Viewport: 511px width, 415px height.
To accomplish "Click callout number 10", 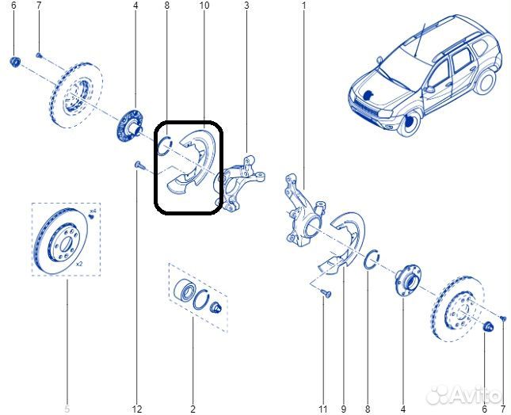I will [204, 6].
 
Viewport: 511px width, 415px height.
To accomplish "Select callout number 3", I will [246, 6].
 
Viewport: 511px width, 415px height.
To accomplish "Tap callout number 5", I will [67, 409].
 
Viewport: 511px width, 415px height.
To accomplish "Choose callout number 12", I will [136, 409].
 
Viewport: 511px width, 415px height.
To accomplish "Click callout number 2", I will [193, 409].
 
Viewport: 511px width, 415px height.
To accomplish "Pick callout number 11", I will [322, 409].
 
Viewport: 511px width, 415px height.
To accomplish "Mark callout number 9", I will [344, 409].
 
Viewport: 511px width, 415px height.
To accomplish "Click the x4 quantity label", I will [93, 212].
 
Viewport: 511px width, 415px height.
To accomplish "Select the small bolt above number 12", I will [137, 165].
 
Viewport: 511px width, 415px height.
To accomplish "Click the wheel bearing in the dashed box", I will [185, 291].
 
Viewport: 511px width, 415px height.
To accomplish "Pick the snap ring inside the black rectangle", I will [166, 143].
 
